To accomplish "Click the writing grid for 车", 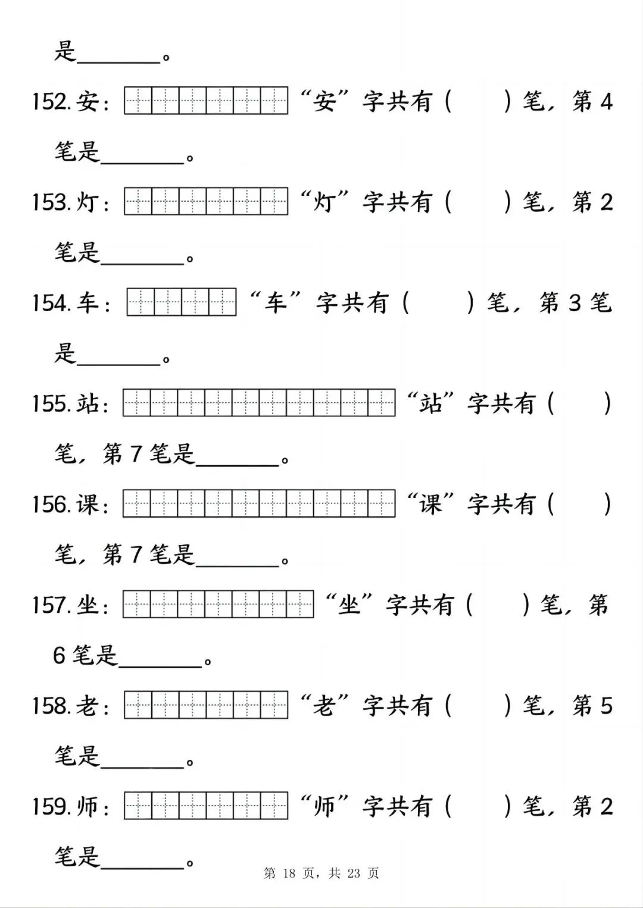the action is [182, 302].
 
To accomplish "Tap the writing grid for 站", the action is [259, 403].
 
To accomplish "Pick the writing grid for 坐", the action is [218, 605].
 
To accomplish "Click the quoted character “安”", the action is [324, 102].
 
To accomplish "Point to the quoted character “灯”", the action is [324, 202].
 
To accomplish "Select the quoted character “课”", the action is [430, 504].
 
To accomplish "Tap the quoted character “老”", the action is [324, 706].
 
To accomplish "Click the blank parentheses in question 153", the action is [477, 202].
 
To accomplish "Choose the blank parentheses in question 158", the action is [477, 706].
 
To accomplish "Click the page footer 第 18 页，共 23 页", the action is [321, 873].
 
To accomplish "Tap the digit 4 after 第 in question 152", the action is [606, 102].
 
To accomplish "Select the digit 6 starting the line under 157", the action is [59, 655].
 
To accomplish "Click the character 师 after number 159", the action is [88, 806].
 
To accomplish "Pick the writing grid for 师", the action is [206, 806].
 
